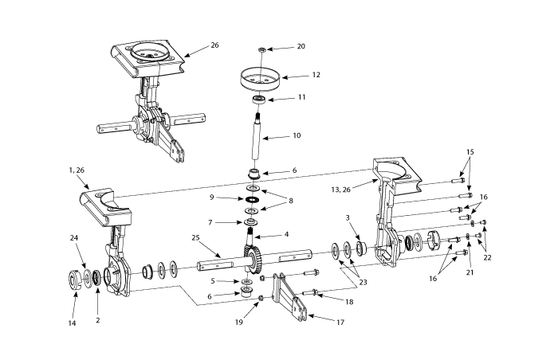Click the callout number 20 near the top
pyautogui.click(x=301, y=46)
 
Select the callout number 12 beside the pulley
pyautogui.click(x=316, y=76)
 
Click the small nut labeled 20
pyautogui.click(x=262, y=49)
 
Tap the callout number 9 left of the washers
pyautogui.click(x=212, y=198)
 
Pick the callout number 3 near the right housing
pyautogui.click(x=348, y=217)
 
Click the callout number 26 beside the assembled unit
pyautogui.click(x=214, y=45)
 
